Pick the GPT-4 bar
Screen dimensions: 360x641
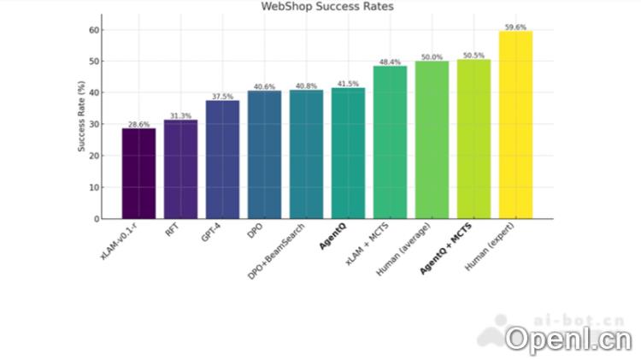tap(222, 160)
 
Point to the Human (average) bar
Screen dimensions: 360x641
tap(432, 140)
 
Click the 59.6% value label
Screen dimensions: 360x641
tap(515, 27)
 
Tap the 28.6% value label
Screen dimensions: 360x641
tap(138, 125)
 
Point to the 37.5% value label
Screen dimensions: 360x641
tap(222, 97)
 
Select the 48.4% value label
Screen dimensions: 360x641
tap(390, 62)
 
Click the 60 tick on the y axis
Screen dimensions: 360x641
tap(94, 30)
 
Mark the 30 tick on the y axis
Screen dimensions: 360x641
tap(94, 125)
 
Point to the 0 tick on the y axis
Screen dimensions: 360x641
tap(97, 219)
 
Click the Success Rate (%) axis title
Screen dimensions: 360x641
tap(81, 117)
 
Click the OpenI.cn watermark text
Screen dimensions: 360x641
tap(567, 339)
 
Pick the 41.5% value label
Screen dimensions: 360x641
tap(348, 84)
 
